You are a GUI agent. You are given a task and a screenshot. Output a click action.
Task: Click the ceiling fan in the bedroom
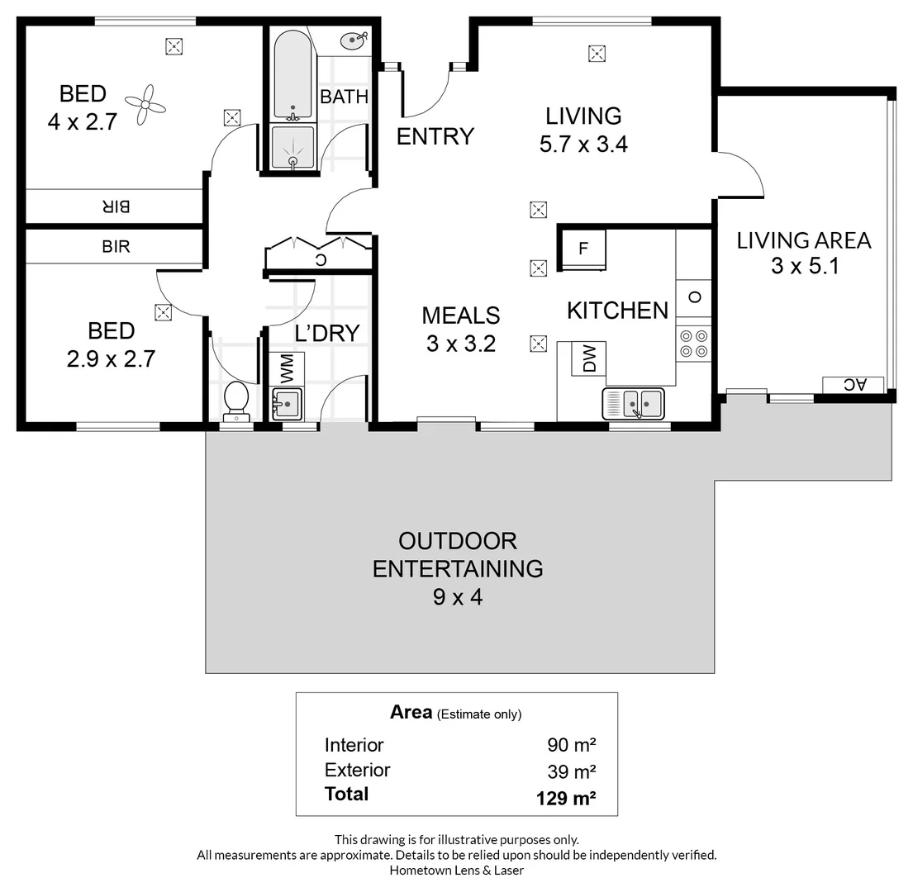(x=145, y=106)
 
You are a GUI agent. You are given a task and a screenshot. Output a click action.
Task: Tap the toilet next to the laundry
(x=236, y=401)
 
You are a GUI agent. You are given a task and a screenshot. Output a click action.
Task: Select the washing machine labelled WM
(x=288, y=369)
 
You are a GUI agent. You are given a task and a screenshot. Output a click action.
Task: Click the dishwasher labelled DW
(x=588, y=358)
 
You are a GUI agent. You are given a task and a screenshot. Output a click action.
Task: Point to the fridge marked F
(x=583, y=249)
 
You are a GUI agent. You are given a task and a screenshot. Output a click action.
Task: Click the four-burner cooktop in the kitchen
(x=693, y=344)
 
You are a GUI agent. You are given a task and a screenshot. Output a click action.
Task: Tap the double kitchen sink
(x=634, y=404)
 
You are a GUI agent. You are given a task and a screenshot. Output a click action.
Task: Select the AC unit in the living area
(x=853, y=385)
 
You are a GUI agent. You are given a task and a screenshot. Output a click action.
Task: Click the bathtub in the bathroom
(x=292, y=75)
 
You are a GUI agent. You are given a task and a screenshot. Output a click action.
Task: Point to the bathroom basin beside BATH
(x=354, y=40)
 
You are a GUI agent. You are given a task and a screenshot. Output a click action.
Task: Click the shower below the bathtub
(x=292, y=148)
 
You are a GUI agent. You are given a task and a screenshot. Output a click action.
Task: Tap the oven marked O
(x=693, y=298)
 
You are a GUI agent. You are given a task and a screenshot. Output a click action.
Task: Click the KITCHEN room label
(x=618, y=311)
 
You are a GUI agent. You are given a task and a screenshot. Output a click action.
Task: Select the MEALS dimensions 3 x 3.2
(x=461, y=344)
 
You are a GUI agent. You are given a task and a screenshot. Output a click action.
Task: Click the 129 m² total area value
(x=566, y=798)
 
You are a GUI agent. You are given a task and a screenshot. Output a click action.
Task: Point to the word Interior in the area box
(x=354, y=745)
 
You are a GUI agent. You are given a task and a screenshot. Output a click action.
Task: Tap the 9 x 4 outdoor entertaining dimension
(x=458, y=598)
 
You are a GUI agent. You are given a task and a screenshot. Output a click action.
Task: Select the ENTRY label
(x=435, y=137)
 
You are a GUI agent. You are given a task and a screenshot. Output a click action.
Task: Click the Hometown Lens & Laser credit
(x=456, y=871)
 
